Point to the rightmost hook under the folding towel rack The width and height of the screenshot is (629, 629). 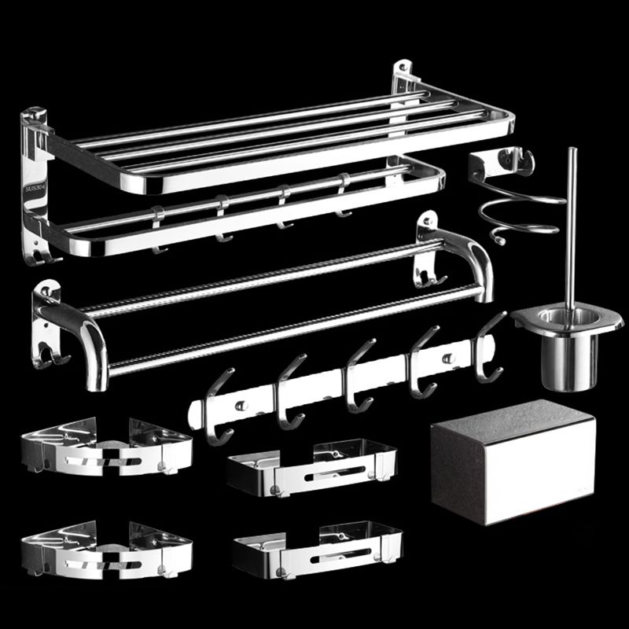point(342,200)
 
